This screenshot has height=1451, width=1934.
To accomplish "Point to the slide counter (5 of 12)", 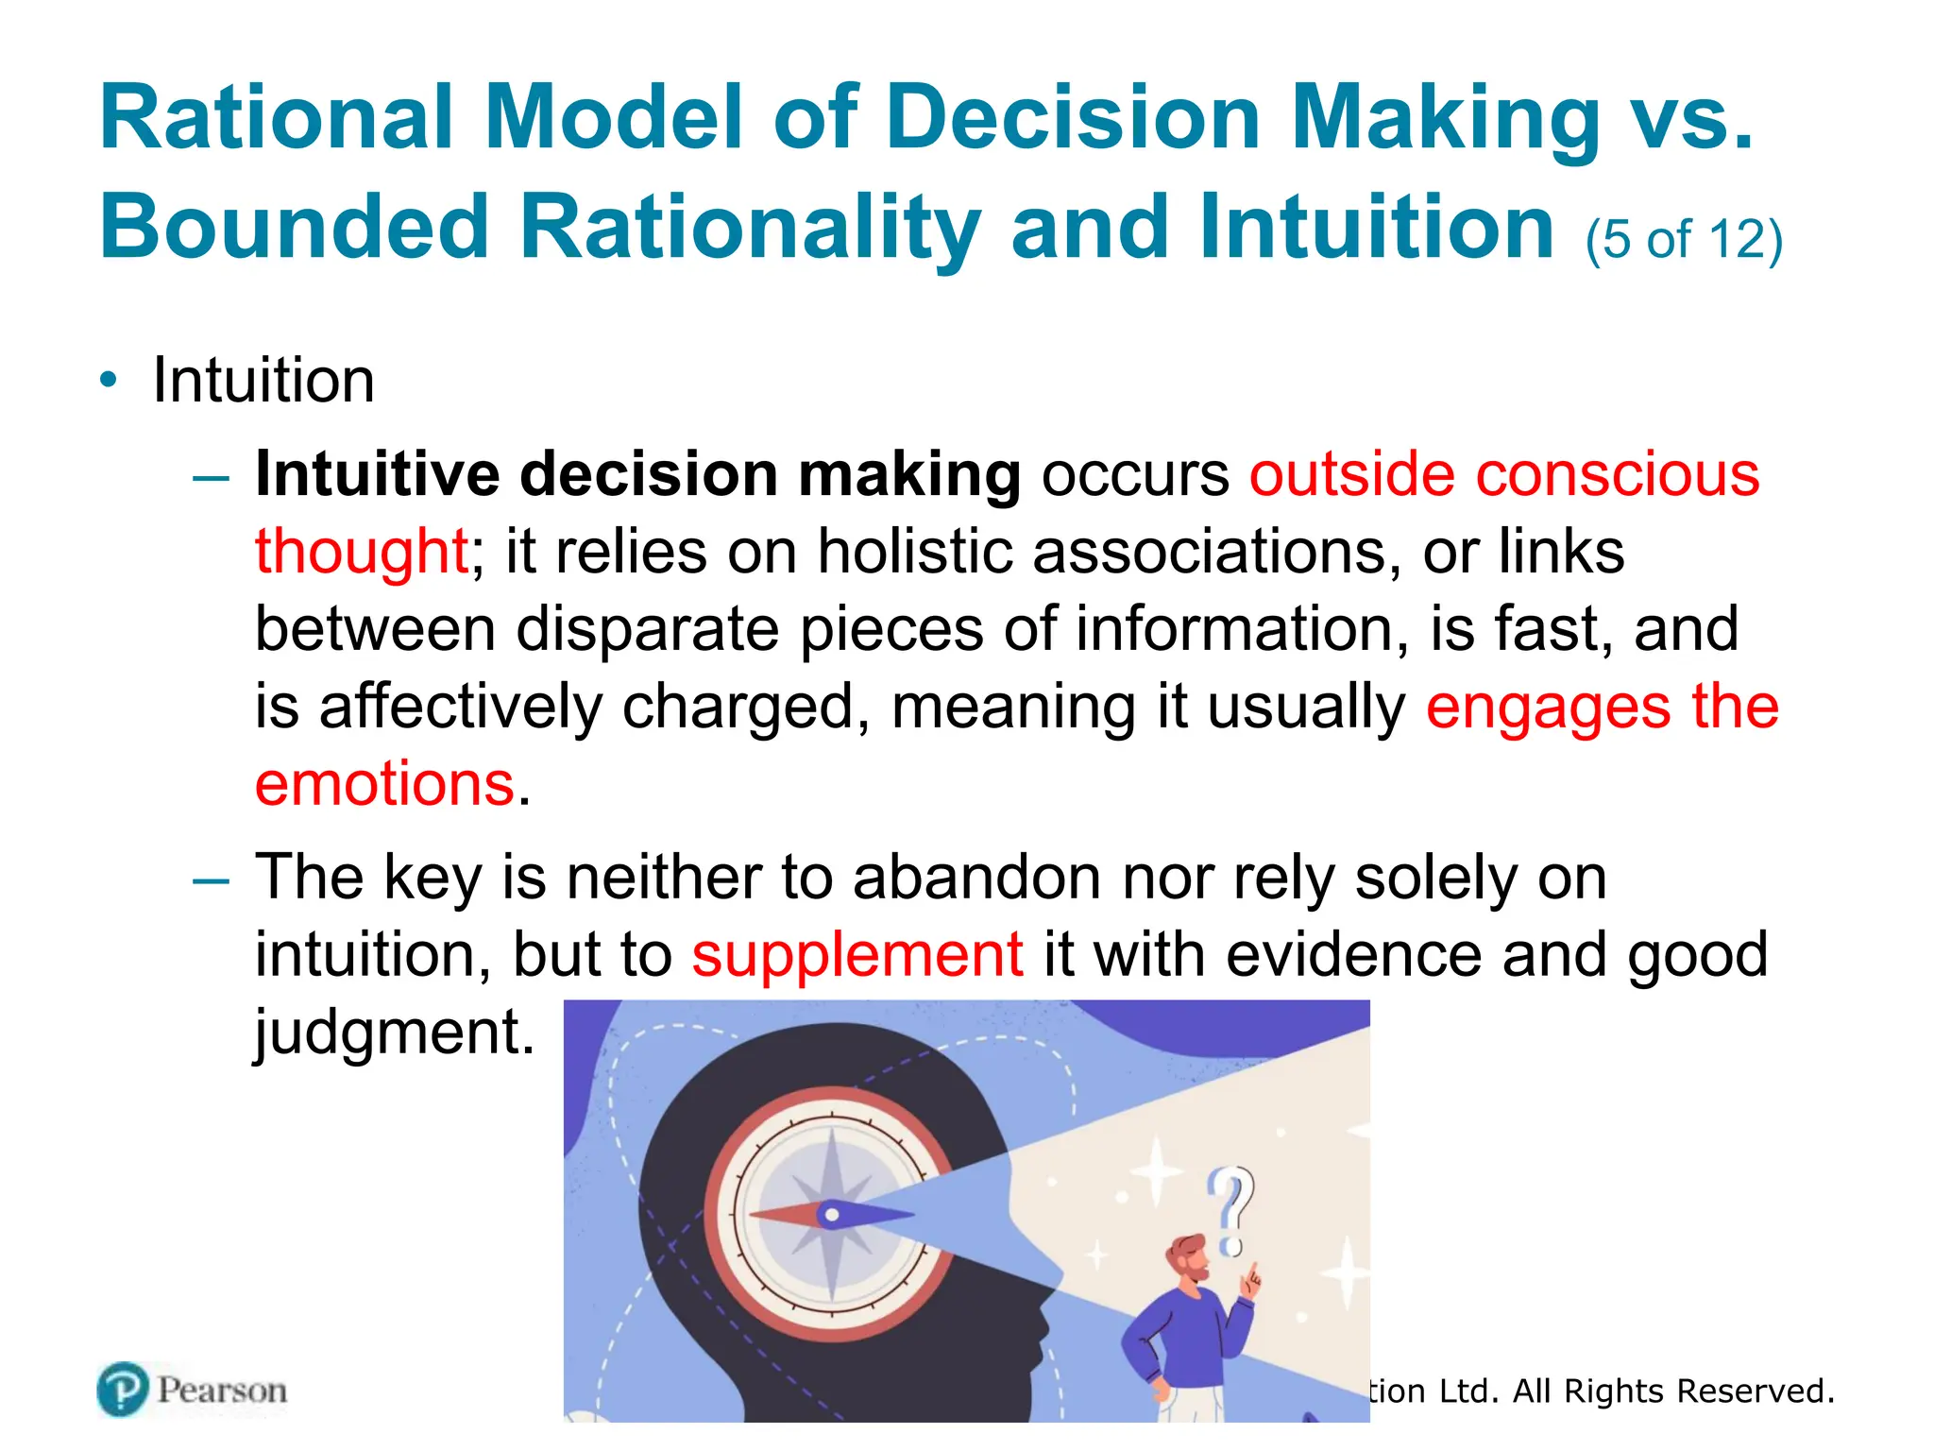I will (1684, 239).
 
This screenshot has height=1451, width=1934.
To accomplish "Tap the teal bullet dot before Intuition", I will (110, 380).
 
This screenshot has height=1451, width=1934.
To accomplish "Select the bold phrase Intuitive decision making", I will (637, 473).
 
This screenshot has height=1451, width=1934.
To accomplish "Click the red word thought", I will (362, 551).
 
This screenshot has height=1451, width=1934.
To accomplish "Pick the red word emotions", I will (384, 783).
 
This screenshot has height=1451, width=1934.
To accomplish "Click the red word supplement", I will (857, 954).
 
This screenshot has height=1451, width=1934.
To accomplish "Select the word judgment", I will (394, 1032).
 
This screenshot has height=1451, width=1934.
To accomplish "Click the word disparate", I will (647, 628).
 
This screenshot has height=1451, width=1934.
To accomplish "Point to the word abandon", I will (976, 877).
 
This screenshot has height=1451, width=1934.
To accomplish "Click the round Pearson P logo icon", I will (123, 1390).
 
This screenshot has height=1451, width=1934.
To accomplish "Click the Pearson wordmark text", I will (222, 1391).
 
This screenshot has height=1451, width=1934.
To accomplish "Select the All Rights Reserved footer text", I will (1671, 1391).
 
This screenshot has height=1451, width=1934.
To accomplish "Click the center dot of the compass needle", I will (831, 1216).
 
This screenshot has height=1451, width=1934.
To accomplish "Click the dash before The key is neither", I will (211, 880).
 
